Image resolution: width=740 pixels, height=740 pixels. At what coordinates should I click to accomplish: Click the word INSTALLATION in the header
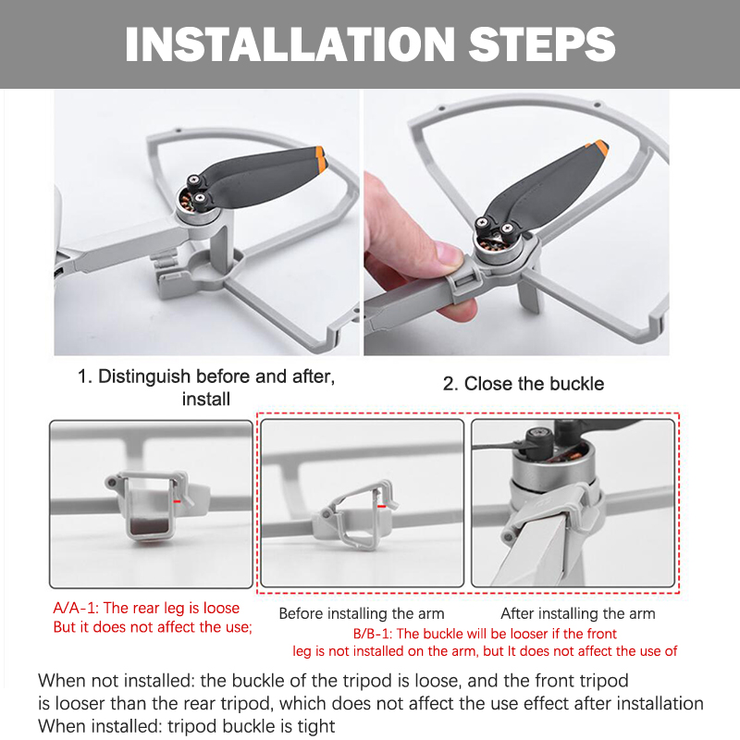(290, 43)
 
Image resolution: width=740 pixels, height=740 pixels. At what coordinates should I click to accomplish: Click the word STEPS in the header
(542, 43)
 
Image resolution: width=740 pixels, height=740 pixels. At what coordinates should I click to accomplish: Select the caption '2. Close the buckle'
(524, 383)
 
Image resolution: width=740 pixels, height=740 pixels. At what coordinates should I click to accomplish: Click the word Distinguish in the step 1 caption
(144, 376)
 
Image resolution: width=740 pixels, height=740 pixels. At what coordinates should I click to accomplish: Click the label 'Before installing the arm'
(362, 613)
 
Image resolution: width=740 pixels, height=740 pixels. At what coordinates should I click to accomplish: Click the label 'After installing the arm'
(577, 613)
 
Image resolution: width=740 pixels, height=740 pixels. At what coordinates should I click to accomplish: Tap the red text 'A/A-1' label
(76, 608)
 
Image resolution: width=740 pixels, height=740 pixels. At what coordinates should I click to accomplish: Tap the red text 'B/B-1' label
(375, 634)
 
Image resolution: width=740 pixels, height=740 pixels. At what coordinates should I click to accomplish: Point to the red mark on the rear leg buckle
(177, 500)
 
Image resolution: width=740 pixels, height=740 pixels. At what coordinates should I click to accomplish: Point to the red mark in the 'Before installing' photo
(382, 505)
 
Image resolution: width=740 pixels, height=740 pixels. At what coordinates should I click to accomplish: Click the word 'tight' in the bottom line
(317, 726)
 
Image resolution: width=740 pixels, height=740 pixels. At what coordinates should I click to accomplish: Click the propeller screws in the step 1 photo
(196, 188)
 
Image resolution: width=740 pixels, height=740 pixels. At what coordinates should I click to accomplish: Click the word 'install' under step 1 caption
(206, 400)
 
